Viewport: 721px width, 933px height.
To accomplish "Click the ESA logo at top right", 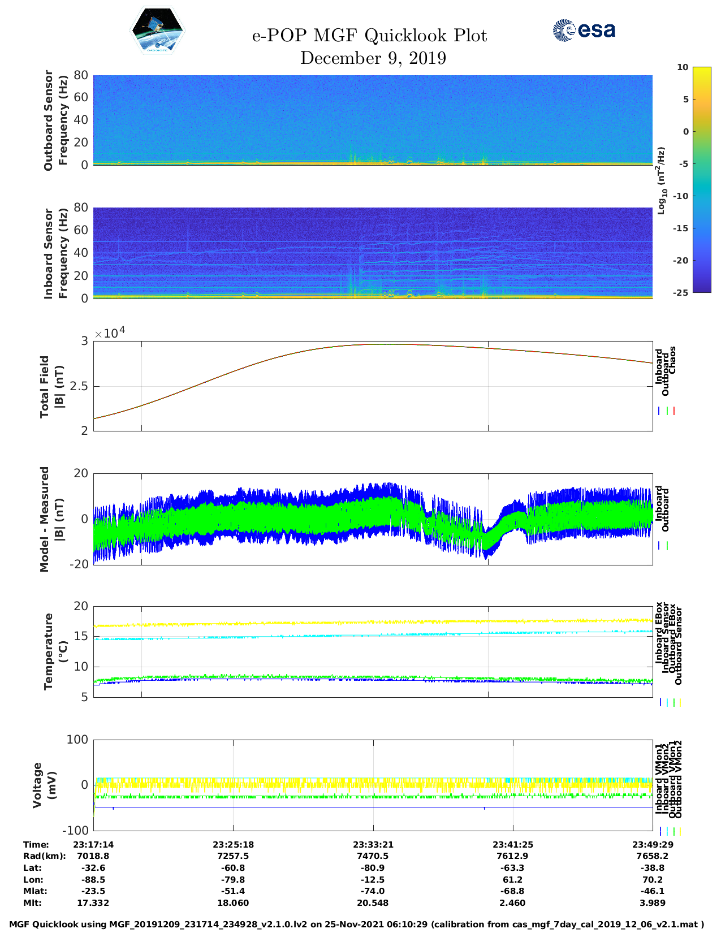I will [x=584, y=30].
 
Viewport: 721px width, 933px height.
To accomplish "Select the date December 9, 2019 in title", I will [x=373, y=58].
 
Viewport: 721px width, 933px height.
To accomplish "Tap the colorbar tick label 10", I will [x=683, y=67].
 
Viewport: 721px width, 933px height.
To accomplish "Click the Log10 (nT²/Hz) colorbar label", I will [x=660, y=180].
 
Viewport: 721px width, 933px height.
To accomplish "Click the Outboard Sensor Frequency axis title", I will [x=55, y=120].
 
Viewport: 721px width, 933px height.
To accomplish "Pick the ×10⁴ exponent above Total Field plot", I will [x=110, y=333].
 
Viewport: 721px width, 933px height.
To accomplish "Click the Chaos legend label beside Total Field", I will [x=672, y=360].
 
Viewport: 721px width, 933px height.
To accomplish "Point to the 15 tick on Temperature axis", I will [x=81, y=636].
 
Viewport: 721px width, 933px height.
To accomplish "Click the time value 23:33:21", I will [x=373, y=845].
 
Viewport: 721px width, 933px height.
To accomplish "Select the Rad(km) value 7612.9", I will [x=513, y=856].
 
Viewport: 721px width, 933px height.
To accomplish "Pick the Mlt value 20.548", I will [x=373, y=903].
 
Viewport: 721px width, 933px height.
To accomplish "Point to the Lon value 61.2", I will [x=513, y=880].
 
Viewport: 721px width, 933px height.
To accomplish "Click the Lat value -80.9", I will [x=373, y=868].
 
